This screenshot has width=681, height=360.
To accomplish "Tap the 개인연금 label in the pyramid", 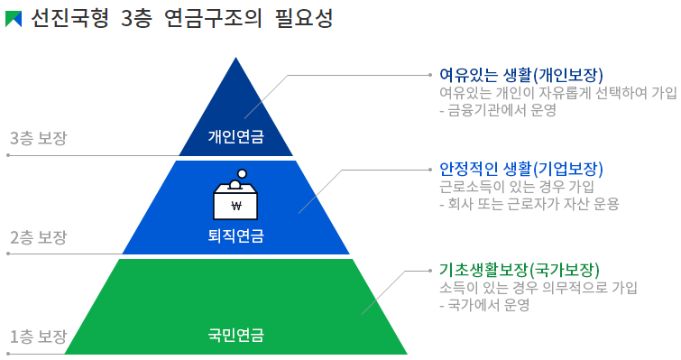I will pyautogui.click(x=236, y=137).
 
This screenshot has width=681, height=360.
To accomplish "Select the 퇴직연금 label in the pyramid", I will pyautogui.click(x=236, y=236).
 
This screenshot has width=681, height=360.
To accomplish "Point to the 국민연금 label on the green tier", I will pyautogui.click(x=236, y=335).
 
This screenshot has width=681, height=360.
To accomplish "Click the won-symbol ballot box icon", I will pyautogui.click(x=236, y=201).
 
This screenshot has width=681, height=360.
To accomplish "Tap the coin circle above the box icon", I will pyautogui.click(x=241, y=175).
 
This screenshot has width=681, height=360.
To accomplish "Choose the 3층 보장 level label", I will pyautogui.click(x=38, y=138).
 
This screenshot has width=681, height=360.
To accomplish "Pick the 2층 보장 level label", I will pyautogui.click(x=38, y=237).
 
